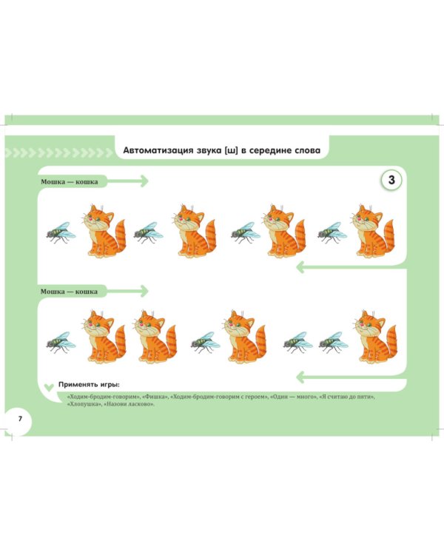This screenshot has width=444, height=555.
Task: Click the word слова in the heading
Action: tap(308, 150)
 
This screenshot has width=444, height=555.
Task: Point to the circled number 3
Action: tap(391, 180)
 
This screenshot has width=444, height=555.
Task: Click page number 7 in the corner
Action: tap(20, 419)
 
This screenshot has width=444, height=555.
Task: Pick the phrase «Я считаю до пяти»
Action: tap(346, 397)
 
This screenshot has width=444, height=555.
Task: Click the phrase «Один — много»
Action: tap(293, 397)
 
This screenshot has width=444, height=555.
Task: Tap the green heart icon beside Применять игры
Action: tap(50, 388)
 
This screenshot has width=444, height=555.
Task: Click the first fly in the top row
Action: tap(61, 232)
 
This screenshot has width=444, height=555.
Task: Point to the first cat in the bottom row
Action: tap(104, 337)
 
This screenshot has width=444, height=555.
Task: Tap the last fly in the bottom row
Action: tap(333, 342)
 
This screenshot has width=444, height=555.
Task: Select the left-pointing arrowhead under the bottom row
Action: tap(300, 377)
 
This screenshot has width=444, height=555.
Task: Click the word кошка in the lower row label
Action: tap(87, 292)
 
